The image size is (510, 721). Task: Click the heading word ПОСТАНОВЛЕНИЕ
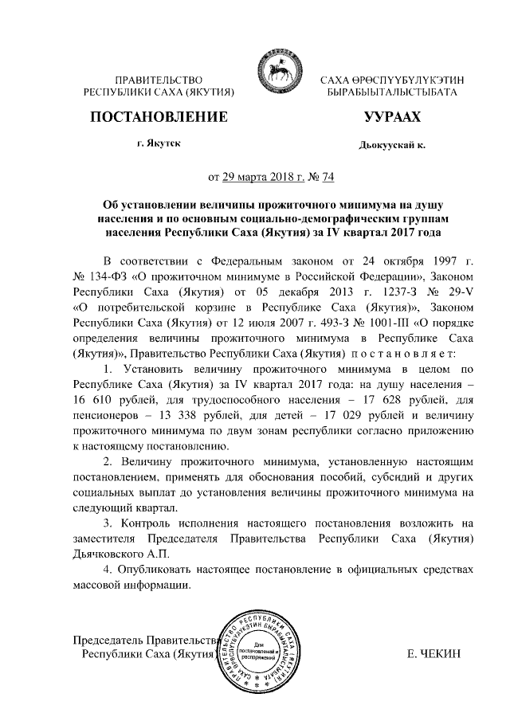tap(158, 118)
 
